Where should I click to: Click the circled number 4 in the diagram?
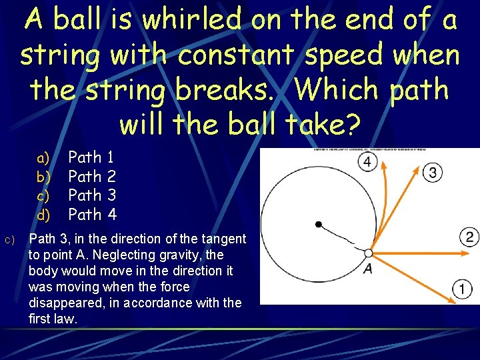point(367,163)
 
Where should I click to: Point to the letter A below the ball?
point(367,268)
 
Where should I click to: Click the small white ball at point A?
point(368,253)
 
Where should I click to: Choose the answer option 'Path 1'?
point(93,158)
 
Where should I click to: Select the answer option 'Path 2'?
point(93,177)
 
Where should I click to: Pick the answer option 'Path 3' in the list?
point(93,195)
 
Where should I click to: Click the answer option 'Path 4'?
point(93,214)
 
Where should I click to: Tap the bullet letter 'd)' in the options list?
point(43,215)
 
